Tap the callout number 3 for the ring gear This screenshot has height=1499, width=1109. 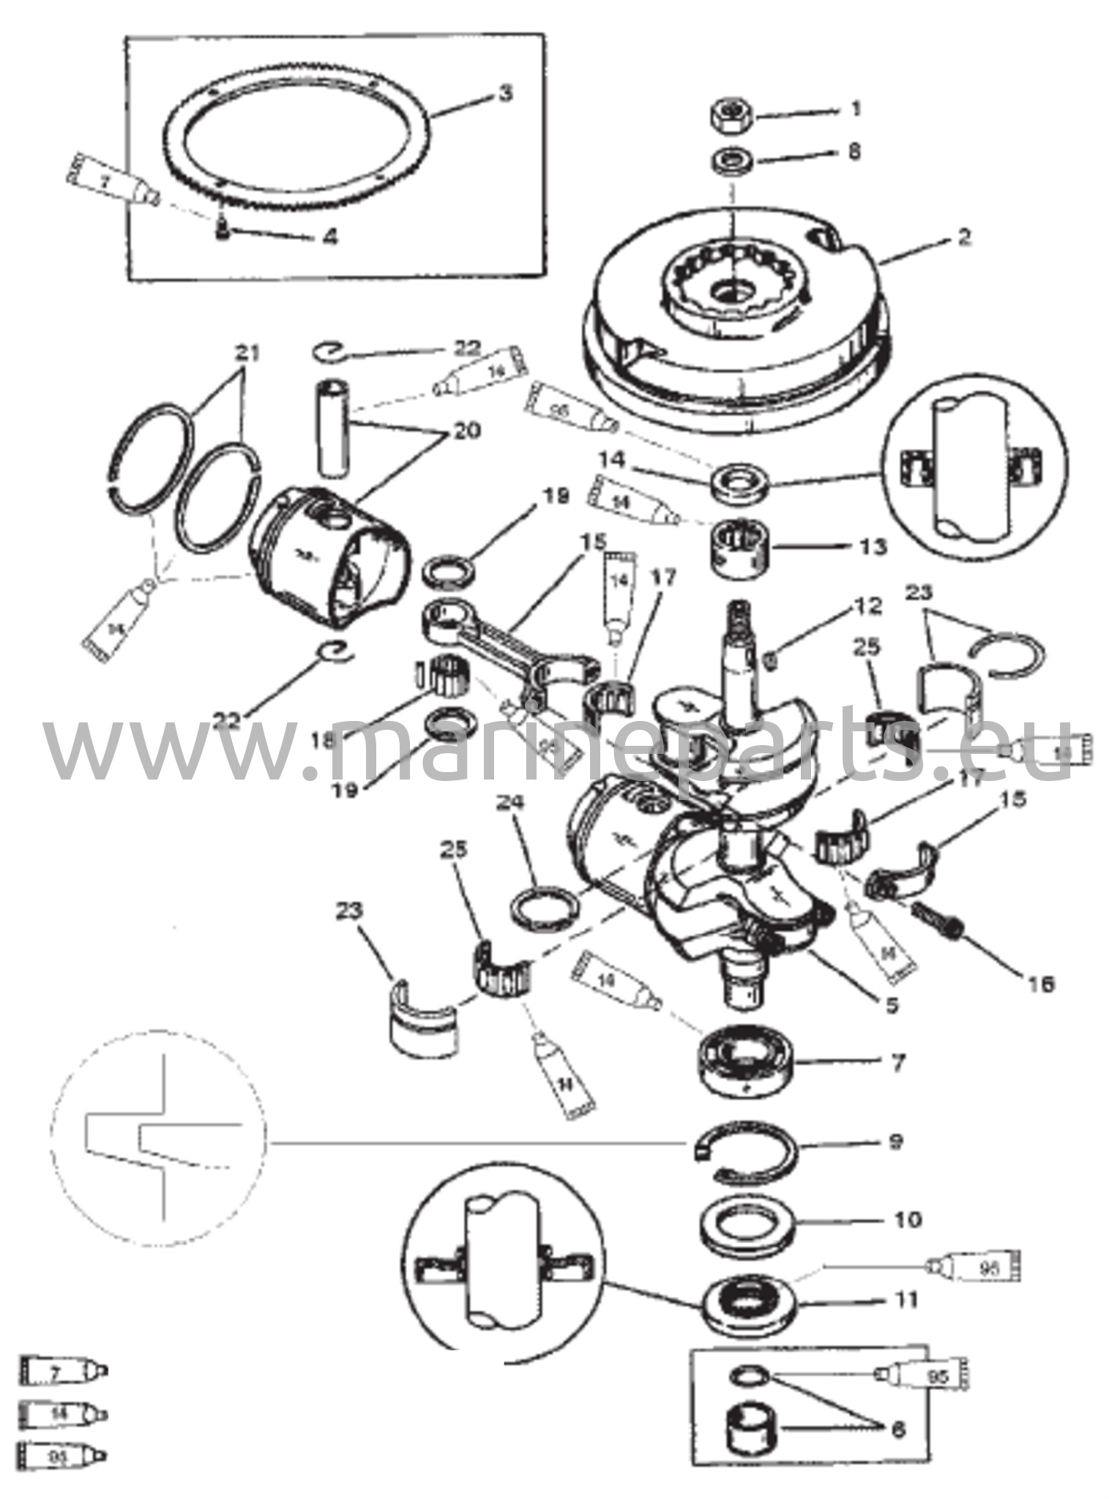coord(504,94)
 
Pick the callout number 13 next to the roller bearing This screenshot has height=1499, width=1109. coord(873,547)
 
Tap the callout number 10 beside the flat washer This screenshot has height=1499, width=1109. coord(908,1219)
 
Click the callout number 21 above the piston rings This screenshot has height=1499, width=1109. coord(248,354)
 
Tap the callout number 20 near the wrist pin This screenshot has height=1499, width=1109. coord(466,431)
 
